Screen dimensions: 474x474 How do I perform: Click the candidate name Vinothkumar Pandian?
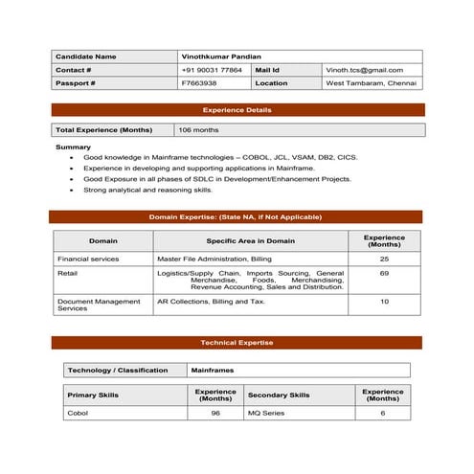pyautogui.click(x=220, y=56)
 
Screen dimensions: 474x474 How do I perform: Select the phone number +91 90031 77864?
pyautogui.click(x=212, y=70)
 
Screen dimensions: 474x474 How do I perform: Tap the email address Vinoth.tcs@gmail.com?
pyautogui.click(x=364, y=70)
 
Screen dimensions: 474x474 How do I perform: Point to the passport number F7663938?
pyautogui.click(x=199, y=83)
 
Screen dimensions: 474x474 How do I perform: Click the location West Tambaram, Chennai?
pyautogui.click(x=371, y=83)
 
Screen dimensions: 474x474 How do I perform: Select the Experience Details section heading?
pyautogui.click(x=237, y=110)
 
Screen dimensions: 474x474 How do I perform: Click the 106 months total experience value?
pyautogui.click(x=198, y=129)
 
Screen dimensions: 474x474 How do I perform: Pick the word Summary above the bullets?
pyautogui.click(x=73, y=147)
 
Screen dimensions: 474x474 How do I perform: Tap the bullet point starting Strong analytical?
pyautogui.click(x=147, y=190)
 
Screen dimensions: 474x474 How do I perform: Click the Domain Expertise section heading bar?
pyautogui.click(x=236, y=217)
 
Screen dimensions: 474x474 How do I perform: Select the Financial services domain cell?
pyautogui.click(x=88, y=259)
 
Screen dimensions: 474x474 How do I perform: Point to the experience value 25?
pyautogui.click(x=384, y=259)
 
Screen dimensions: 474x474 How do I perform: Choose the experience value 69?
pyautogui.click(x=384, y=273)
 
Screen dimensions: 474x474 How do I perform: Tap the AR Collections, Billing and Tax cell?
pyautogui.click(x=211, y=301)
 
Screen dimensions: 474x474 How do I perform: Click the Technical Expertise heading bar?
pyautogui.click(x=237, y=343)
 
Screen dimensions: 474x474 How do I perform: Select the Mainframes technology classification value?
pyautogui.click(x=212, y=370)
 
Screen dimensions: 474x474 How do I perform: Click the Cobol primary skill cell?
pyautogui.click(x=77, y=413)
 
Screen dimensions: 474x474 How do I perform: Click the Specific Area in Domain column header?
pyautogui.click(x=250, y=241)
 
